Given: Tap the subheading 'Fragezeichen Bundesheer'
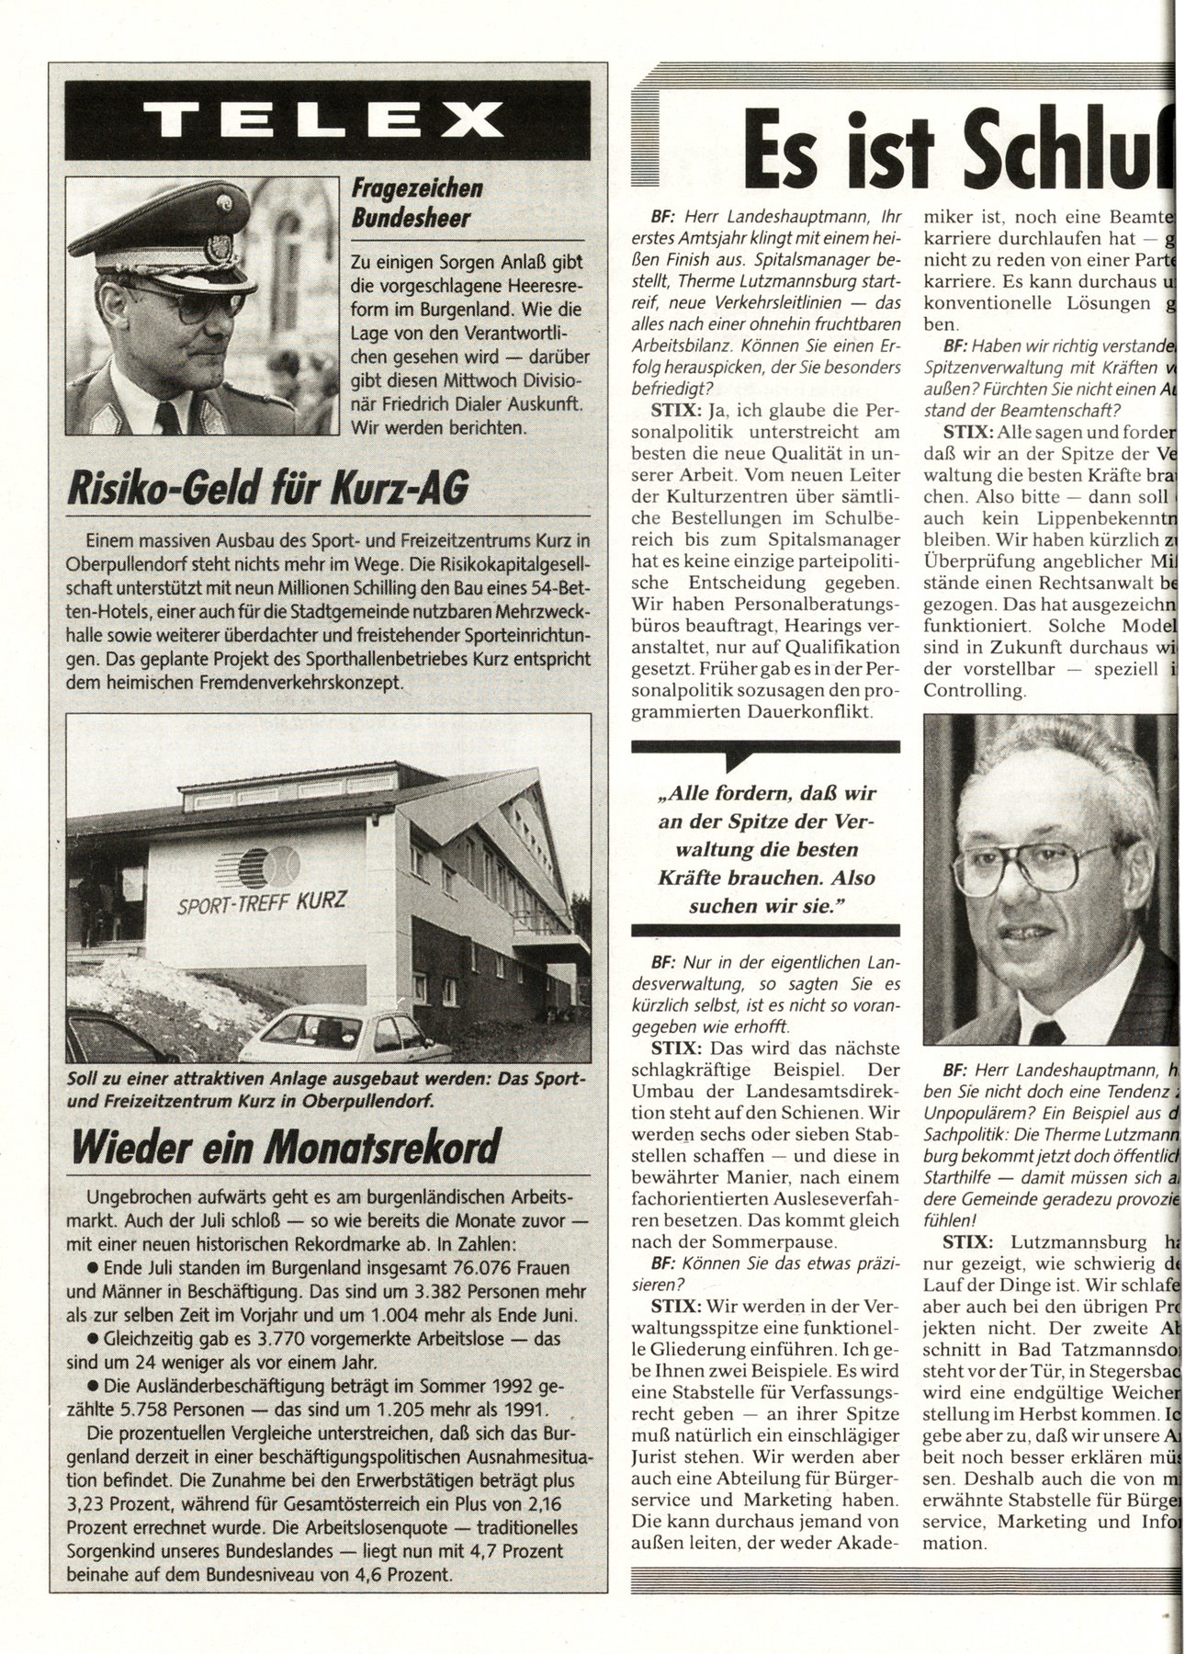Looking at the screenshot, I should [x=417, y=205].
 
